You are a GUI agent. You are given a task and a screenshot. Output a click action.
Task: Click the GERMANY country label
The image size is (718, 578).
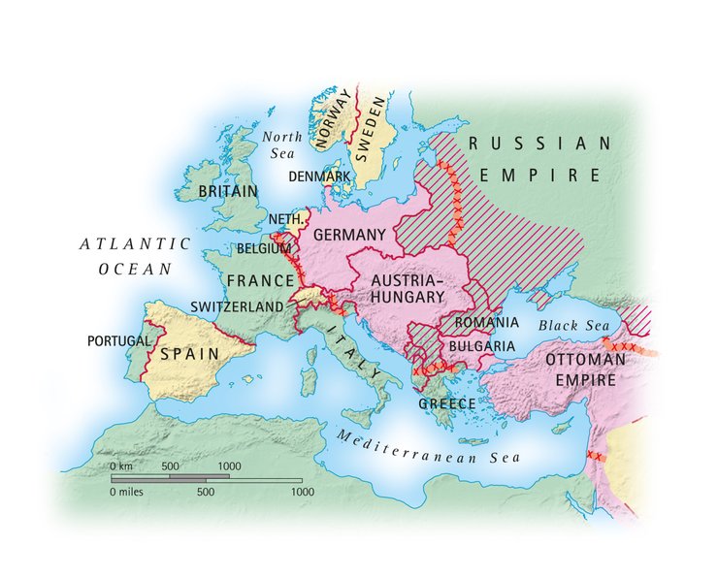pyautogui.click(x=351, y=235)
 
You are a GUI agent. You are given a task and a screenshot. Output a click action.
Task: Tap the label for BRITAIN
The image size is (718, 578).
pyautogui.click(x=228, y=191)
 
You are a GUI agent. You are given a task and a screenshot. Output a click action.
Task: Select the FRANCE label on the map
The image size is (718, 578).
pyautogui.click(x=260, y=281)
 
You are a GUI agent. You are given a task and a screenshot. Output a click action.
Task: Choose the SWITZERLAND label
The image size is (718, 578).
pyautogui.click(x=238, y=306)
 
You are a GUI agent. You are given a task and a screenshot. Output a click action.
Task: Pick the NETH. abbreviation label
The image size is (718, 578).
pyautogui.click(x=275, y=220)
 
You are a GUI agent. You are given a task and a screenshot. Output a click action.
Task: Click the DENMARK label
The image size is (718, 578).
pyautogui.click(x=319, y=177)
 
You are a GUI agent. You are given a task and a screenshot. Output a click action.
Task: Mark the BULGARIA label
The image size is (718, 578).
pyautogui.click(x=481, y=345)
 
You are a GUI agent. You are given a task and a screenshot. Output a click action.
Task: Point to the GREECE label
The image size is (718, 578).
pyautogui.click(x=447, y=403)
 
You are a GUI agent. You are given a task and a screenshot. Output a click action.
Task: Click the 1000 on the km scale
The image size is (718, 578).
pyautogui.click(x=229, y=466)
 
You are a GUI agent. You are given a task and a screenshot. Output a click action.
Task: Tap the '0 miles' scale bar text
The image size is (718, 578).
pyautogui.click(x=130, y=492)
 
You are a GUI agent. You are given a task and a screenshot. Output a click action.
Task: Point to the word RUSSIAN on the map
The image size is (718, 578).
pyautogui.click(x=538, y=144)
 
